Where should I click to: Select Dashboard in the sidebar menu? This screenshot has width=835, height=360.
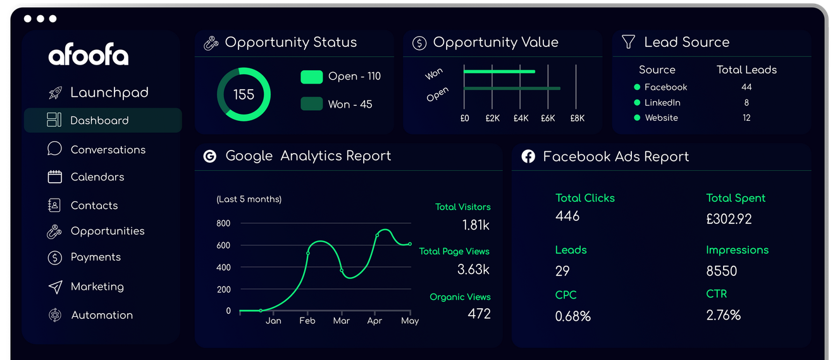click(x=99, y=120)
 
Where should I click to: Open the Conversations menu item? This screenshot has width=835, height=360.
click(x=108, y=149)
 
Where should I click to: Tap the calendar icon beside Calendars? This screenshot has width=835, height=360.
click(x=55, y=177)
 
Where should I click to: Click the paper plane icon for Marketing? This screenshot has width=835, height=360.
click(x=56, y=287)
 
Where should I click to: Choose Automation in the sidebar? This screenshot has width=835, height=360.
click(x=102, y=315)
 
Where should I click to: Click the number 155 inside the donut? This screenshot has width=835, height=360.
click(x=244, y=94)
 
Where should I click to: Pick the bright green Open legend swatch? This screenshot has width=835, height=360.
click(x=312, y=77)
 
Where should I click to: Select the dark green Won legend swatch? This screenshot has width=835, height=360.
click(x=312, y=104)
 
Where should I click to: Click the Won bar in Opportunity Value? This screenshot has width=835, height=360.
click(x=500, y=71)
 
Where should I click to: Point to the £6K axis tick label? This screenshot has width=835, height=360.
click(x=548, y=118)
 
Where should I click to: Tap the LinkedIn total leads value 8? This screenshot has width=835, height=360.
click(x=746, y=102)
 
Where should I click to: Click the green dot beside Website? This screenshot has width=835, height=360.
click(x=637, y=118)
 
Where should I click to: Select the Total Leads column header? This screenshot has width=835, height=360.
click(x=746, y=70)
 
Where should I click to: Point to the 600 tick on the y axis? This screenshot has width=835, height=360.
click(x=223, y=245)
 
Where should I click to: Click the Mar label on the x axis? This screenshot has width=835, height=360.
click(x=342, y=321)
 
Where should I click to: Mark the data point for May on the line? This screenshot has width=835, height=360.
click(x=410, y=244)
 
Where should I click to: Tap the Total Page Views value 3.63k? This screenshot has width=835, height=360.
click(x=473, y=269)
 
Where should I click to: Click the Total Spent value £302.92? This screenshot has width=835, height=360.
click(x=729, y=219)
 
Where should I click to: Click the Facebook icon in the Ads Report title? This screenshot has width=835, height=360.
click(x=528, y=156)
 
